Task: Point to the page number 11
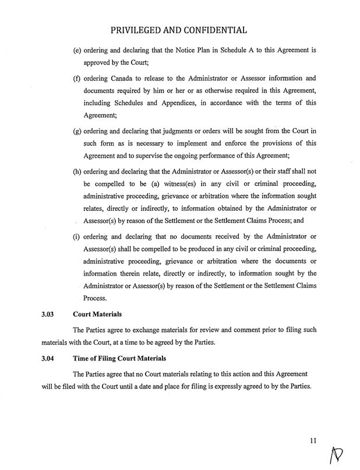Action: pyautogui.click(x=313, y=441)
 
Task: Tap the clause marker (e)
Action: pyautogui.click(x=77, y=51)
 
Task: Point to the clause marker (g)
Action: pyautogui.click(x=77, y=129)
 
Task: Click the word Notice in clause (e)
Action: pyautogui.click(x=177, y=51)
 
